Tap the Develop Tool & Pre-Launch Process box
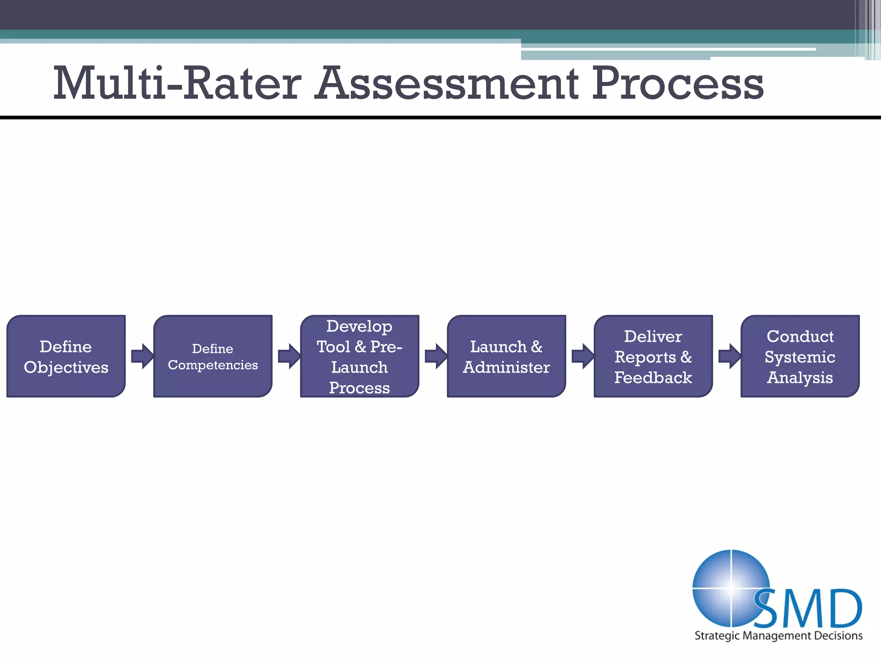point(360,356)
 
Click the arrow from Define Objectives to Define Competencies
point(142,356)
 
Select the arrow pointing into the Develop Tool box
point(289,356)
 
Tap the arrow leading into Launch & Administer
point(435,356)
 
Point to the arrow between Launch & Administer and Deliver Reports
point(582,356)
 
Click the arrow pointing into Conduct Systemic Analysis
point(729,356)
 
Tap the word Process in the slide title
point(678,83)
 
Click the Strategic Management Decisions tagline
point(778,636)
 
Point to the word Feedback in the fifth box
point(653,378)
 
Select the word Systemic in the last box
point(800,357)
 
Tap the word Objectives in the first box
point(66,368)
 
